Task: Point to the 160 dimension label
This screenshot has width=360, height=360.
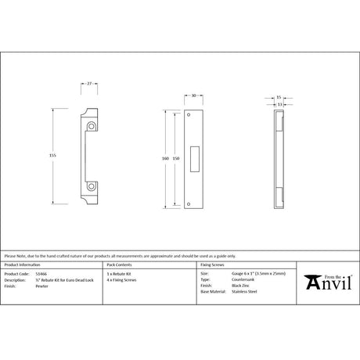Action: coord(165,158)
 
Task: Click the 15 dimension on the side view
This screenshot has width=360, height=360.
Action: coord(279,98)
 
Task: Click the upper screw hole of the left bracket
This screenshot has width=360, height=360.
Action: coord(92,125)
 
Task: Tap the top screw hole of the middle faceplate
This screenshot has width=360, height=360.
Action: coord(195,118)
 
